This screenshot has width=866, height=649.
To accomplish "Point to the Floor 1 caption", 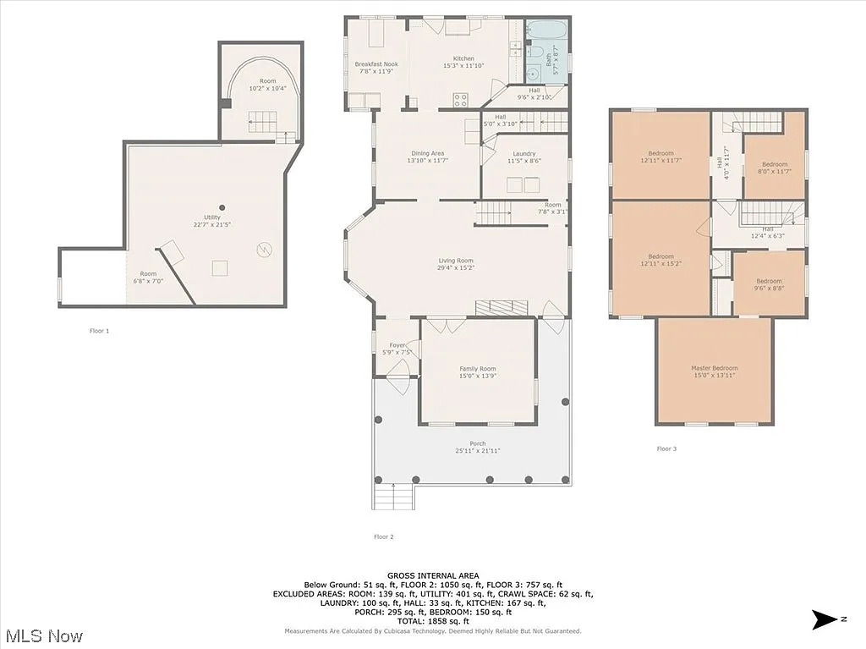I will tap(100, 331).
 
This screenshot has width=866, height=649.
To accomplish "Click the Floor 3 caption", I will tap(666, 448).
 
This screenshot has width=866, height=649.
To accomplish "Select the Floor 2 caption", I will tap(384, 536).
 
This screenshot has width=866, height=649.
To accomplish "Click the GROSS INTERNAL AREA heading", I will tap(432, 575).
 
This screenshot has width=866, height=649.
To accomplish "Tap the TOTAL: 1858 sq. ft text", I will tap(432, 622).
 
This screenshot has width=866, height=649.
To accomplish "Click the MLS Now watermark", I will tap(43, 635).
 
